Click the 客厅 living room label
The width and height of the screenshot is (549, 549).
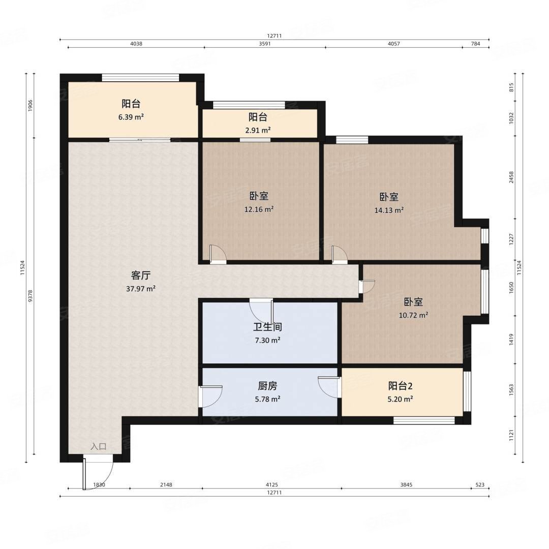coord(141,276)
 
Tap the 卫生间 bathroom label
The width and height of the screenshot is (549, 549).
coord(267,327)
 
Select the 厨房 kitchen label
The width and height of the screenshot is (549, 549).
coord(267,386)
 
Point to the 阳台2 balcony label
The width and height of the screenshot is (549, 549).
coord(400,386)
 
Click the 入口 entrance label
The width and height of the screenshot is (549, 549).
coord(99,446)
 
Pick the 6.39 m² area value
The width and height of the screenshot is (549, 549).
coord(131,117)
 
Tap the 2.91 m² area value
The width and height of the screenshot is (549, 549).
coord(258,130)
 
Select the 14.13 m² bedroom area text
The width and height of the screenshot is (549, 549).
coord(389,210)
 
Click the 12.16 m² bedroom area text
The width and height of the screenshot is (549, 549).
coord(259,209)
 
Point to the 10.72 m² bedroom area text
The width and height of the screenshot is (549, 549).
coord(413,315)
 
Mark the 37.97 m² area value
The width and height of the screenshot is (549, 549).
coord(141,289)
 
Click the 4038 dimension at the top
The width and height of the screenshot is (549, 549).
coord(136,44)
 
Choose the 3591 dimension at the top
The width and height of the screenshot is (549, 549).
coord(265,44)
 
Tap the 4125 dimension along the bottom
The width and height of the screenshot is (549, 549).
coord(271,485)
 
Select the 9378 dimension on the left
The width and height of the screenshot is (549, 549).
coord(30,296)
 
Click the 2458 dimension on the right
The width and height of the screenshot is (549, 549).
coord(511,177)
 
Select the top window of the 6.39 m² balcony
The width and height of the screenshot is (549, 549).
coord(140,78)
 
